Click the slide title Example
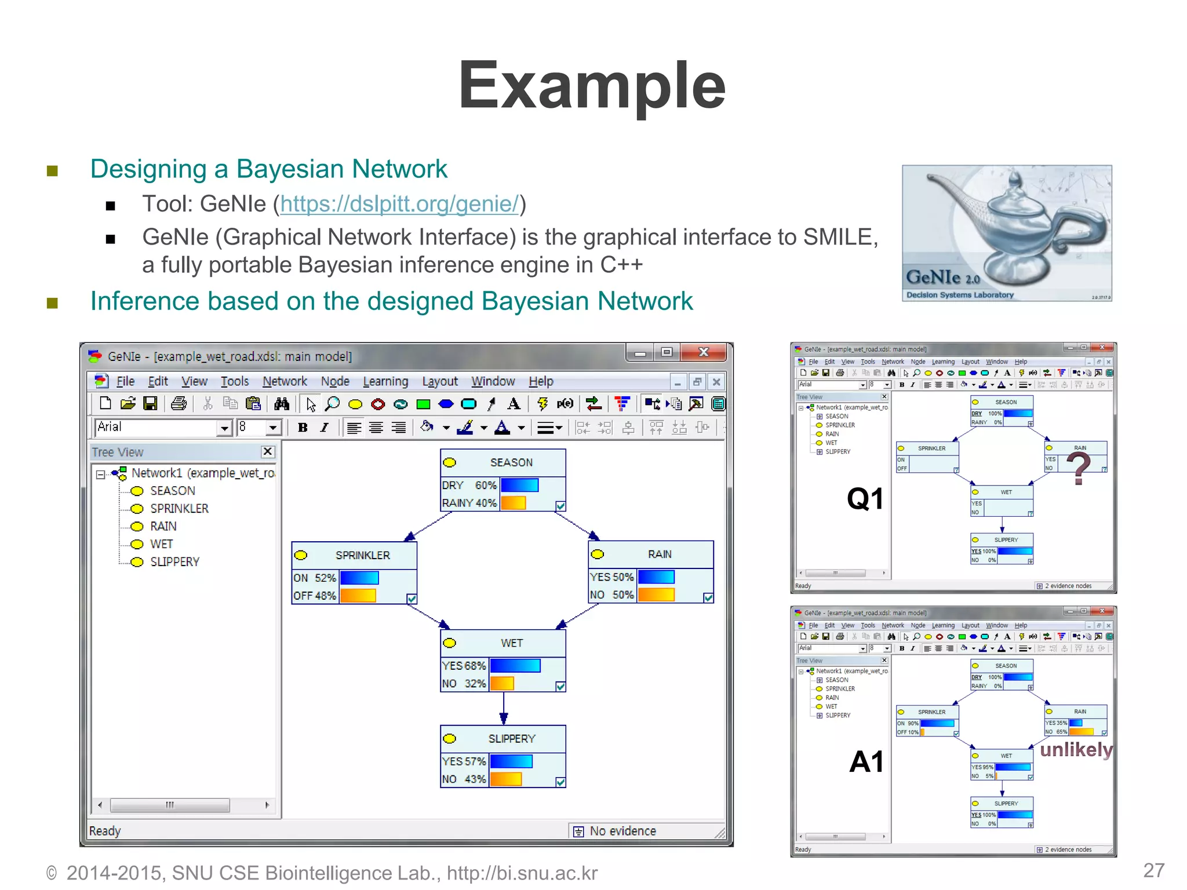click(592, 86)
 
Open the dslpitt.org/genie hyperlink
click(399, 204)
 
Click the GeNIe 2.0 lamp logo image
click(1007, 233)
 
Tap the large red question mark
click(1078, 468)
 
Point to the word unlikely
click(1076, 750)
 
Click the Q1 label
click(865, 499)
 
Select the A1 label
click(866, 761)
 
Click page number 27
click(1153, 870)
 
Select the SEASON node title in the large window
click(511, 462)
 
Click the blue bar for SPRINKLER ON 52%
click(359, 578)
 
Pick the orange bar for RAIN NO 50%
click(656, 594)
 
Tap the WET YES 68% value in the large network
click(464, 666)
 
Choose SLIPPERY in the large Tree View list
click(174, 562)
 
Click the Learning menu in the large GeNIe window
click(385, 381)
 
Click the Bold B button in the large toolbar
click(303, 428)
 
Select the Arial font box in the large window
click(156, 428)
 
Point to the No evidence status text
click(622, 831)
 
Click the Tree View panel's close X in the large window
click(267, 451)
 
